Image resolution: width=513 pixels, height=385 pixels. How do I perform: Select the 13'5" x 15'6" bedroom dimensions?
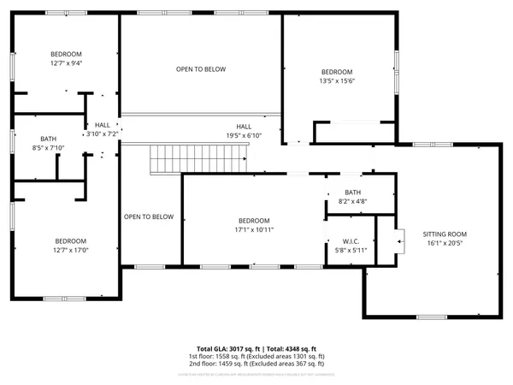[x=336, y=80]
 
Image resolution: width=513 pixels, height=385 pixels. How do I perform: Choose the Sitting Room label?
[x=445, y=234]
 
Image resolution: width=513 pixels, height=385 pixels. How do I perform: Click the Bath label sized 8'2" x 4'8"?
[x=353, y=192]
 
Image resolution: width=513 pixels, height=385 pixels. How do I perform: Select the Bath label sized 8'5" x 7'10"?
[x=48, y=139]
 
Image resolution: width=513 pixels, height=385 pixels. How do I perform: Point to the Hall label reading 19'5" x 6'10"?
[x=244, y=127]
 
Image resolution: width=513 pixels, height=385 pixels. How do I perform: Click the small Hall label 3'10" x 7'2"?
[x=102, y=125]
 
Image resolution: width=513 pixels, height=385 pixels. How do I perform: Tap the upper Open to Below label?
[x=201, y=69]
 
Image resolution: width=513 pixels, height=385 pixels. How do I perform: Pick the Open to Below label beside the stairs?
[x=149, y=216]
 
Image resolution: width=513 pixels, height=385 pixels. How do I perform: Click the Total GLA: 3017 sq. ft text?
[x=225, y=349]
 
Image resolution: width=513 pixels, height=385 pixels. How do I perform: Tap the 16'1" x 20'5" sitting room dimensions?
[x=445, y=242]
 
